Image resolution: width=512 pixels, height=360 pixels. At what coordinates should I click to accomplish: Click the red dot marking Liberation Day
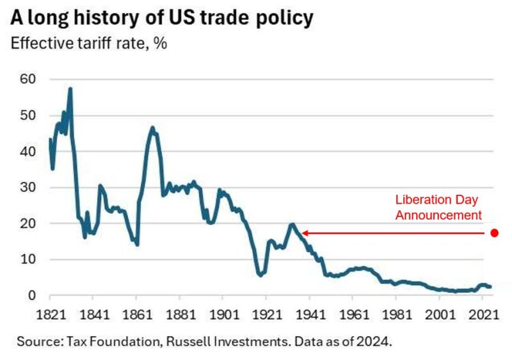click(494, 233)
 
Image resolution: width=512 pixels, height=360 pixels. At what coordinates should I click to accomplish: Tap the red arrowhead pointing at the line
click(305, 233)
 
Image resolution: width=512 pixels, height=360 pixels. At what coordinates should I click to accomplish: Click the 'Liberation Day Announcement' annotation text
click(437, 207)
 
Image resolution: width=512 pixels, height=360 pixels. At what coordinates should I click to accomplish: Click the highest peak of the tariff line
click(70, 88)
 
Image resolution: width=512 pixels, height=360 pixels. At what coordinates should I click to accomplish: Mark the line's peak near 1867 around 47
click(152, 127)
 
